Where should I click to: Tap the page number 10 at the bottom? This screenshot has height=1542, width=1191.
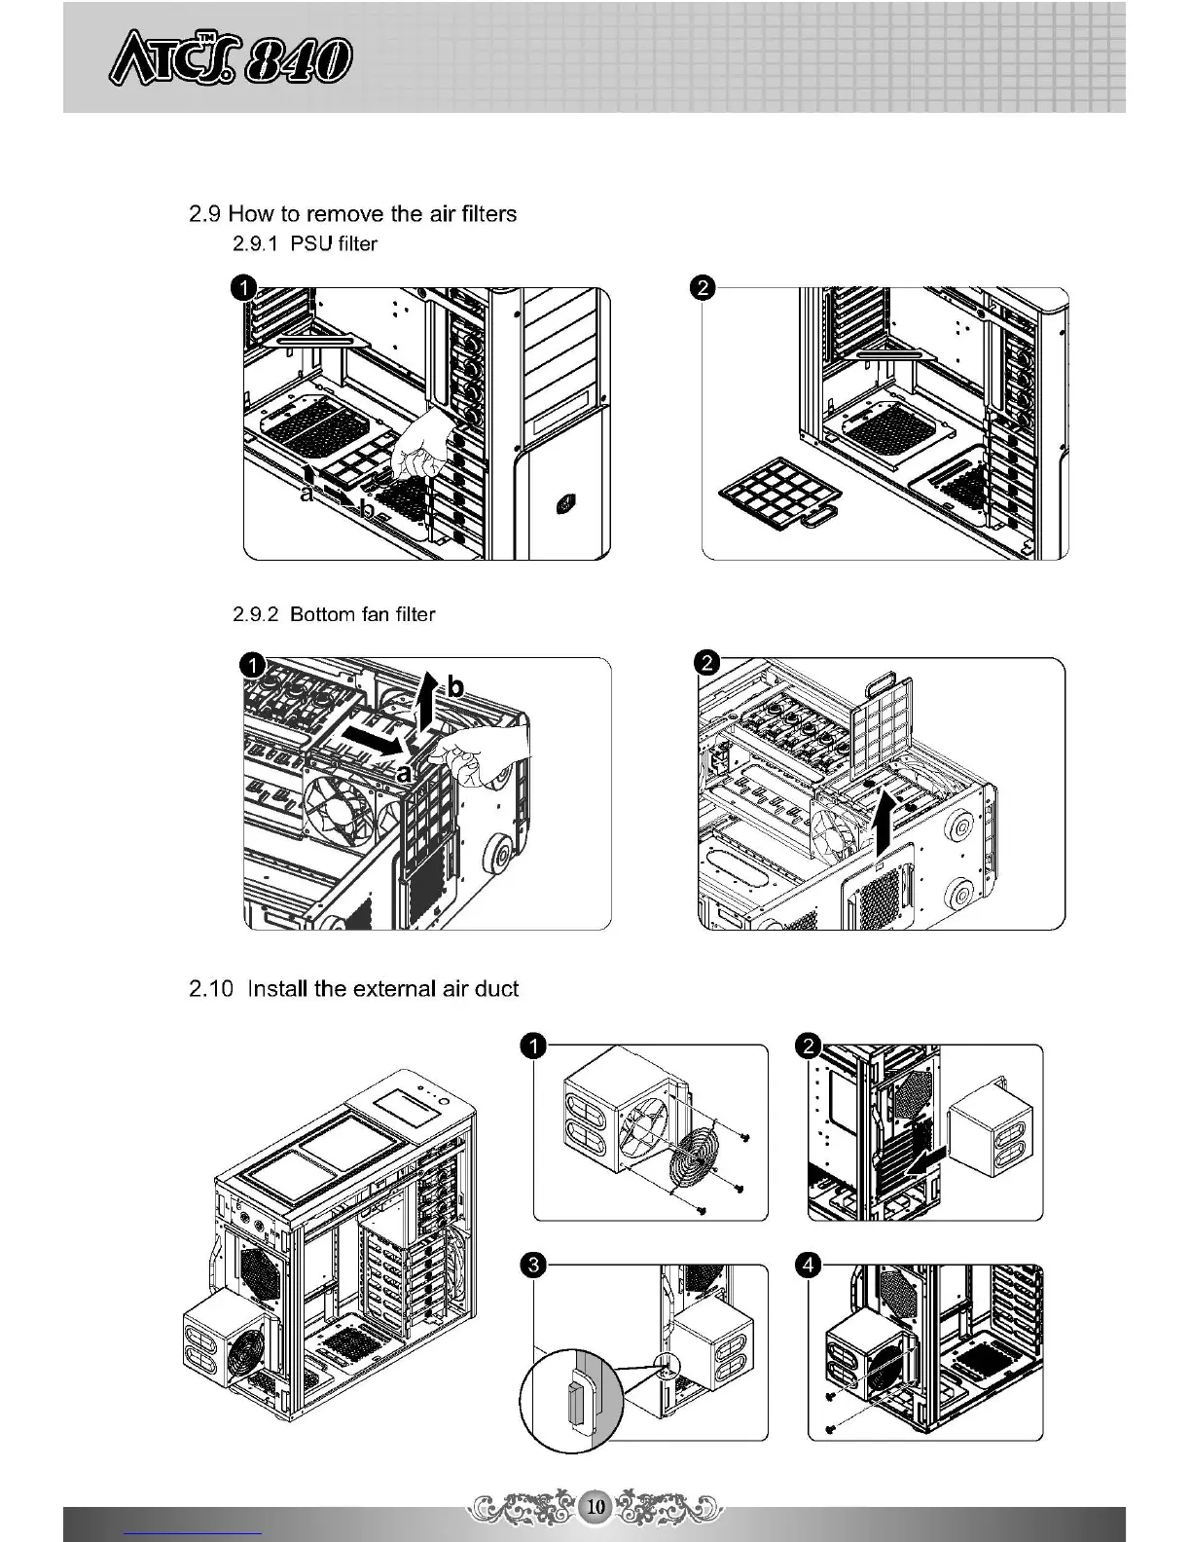(595, 1507)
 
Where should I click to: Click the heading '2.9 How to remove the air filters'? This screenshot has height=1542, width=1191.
(352, 213)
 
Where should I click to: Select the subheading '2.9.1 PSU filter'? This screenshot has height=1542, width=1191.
(305, 243)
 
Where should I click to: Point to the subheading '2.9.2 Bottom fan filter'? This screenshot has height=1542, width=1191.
(334, 614)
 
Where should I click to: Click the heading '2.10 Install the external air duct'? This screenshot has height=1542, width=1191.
(353, 989)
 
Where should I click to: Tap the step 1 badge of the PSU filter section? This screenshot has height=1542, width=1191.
(243, 287)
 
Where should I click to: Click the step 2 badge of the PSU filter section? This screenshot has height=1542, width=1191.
(702, 287)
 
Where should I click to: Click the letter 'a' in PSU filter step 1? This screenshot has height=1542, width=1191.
(307, 494)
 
